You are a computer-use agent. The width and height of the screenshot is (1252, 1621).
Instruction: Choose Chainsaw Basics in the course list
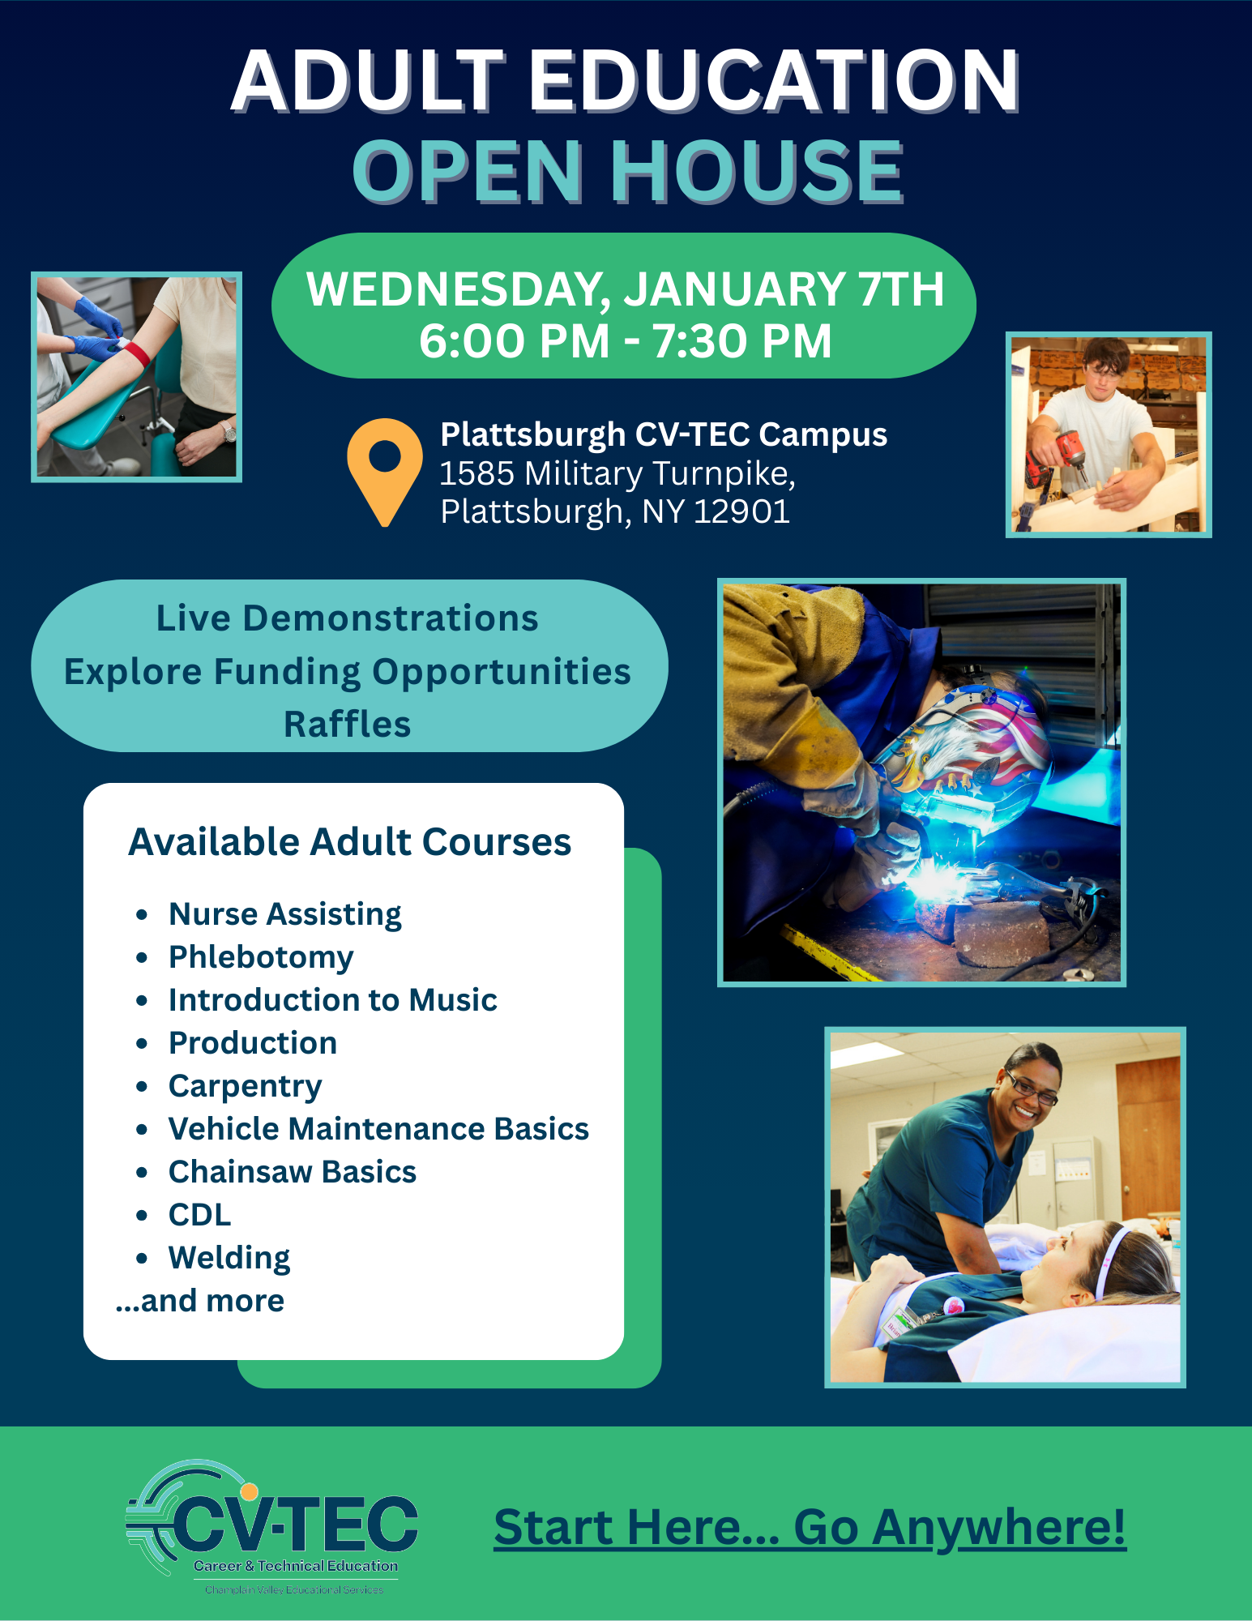(292, 1172)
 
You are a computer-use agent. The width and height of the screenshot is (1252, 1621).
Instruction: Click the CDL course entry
(199, 1215)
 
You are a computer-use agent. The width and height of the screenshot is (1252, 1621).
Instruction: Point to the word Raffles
(348, 724)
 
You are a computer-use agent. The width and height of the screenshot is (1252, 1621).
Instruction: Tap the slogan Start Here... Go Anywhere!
(810, 1528)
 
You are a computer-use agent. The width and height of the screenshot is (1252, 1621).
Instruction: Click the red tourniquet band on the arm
(136, 353)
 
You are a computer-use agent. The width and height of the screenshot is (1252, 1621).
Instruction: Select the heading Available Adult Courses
(350, 842)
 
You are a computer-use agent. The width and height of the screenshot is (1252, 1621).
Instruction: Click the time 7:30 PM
(742, 341)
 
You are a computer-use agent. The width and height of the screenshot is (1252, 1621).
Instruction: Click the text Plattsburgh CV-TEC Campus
(664, 435)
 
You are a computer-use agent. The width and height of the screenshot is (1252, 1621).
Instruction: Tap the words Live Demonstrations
(348, 618)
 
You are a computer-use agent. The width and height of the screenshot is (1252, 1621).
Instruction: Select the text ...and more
(200, 1301)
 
